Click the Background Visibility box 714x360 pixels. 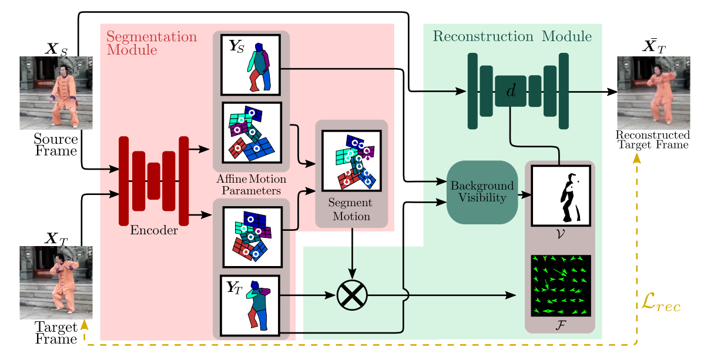[x=482, y=192]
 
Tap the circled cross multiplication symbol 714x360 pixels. [x=352, y=294]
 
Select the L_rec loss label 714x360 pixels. [x=659, y=306]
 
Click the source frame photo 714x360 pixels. [x=56, y=92]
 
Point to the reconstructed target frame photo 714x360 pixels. [x=653, y=92]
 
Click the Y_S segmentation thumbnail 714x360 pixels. [x=251, y=65]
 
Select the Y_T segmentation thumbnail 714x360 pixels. [x=251, y=304]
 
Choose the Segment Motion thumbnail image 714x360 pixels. [x=351, y=160]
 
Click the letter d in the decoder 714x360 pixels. [x=511, y=90]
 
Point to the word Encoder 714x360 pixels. [x=155, y=230]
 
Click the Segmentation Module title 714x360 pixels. [x=151, y=43]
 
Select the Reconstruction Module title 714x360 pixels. [x=512, y=37]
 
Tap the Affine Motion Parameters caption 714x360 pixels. [x=251, y=184]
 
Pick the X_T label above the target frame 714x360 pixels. [x=56, y=238]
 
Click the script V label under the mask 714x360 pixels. [x=561, y=233]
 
